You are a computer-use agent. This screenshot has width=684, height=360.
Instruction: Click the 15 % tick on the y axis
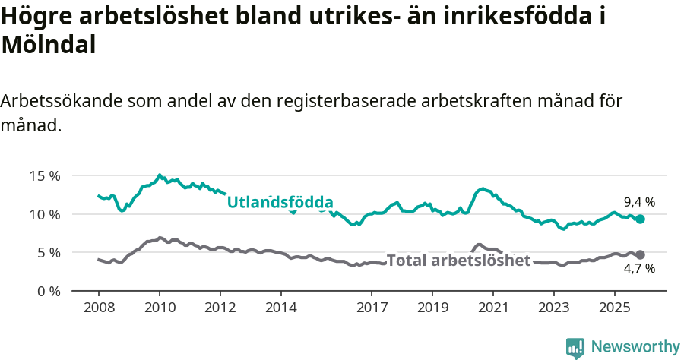click(45, 175)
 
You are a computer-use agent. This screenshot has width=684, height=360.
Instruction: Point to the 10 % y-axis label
click(45, 214)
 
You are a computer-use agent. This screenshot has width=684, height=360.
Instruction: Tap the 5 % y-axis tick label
click(48, 252)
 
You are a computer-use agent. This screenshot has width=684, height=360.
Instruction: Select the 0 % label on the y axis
click(48, 291)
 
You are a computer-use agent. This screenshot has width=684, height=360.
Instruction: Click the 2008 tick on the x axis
click(99, 308)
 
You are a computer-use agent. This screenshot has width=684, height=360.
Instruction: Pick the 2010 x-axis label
click(160, 308)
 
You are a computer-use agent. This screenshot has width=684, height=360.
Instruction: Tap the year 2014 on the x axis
click(280, 308)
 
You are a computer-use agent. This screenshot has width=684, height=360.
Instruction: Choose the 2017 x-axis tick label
click(372, 308)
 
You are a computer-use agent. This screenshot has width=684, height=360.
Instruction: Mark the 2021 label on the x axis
click(492, 308)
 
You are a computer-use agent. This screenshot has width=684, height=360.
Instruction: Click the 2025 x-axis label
click(614, 308)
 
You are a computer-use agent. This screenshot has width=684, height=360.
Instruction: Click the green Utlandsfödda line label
click(280, 202)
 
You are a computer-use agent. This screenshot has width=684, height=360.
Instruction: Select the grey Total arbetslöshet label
click(458, 261)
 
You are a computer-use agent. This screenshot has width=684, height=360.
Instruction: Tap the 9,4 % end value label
click(639, 202)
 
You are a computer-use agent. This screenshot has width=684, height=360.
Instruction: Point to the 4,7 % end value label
click(639, 268)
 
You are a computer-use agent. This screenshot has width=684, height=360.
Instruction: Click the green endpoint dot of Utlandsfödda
click(640, 219)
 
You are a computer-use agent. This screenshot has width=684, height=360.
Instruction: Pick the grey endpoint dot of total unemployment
click(640, 254)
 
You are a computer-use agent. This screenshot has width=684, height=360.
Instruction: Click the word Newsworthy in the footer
click(635, 347)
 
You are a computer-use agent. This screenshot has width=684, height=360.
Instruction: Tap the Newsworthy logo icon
click(575, 348)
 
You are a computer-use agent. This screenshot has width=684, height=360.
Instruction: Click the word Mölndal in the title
click(49, 45)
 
